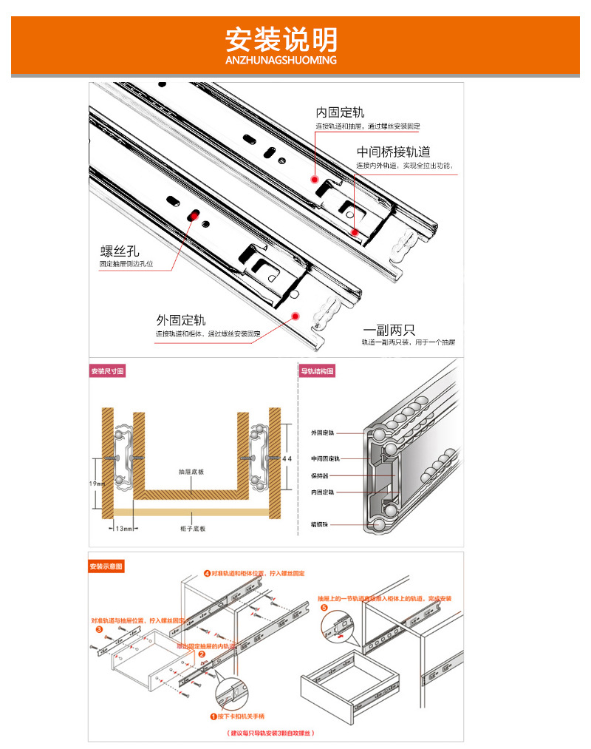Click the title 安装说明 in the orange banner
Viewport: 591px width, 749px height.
tap(281, 38)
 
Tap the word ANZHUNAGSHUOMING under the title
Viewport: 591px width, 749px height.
tap(281, 60)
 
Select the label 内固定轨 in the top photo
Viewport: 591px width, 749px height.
tap(340, 113)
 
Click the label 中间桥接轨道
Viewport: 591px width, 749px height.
tap(393, 152)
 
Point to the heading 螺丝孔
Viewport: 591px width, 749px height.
tap(120, 250)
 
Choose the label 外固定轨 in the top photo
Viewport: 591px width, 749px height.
tap(180, 320)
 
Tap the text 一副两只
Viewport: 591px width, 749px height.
tap(389, 330)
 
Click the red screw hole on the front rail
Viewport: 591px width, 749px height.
tap(194, 215)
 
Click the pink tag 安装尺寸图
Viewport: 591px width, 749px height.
tap(108, 371)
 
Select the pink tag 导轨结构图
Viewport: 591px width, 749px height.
tap(317, 371)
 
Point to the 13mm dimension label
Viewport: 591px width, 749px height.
tap(124, 528)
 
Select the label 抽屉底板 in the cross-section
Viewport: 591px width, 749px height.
tap(191, 471)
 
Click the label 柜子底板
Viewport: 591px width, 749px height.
tap(192, 528)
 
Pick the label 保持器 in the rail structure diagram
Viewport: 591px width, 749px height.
tap(319, 475)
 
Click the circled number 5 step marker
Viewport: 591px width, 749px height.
tap(323, 609)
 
